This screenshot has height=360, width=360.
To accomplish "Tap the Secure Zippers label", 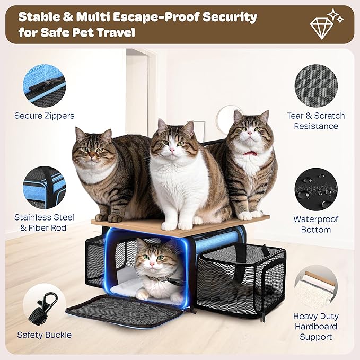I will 45,115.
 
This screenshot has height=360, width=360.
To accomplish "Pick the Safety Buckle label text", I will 45,335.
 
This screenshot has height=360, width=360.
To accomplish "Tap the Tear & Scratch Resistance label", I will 316,121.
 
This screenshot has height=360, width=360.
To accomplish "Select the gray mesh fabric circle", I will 315,85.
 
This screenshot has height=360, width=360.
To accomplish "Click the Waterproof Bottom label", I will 316,224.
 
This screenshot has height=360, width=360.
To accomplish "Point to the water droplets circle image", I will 316,189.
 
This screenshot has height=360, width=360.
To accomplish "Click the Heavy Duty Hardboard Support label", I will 316,326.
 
